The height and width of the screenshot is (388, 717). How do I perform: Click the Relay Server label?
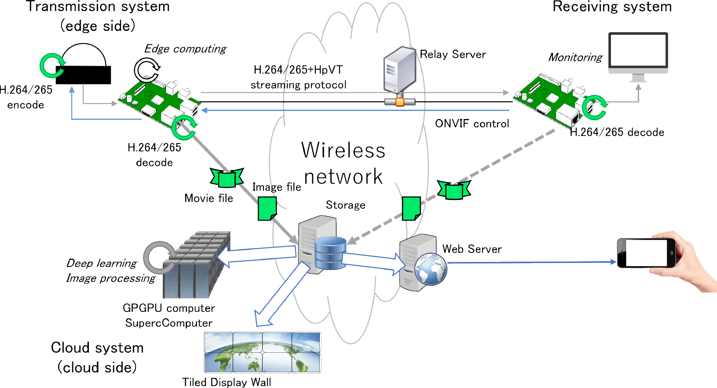tap(453, 54)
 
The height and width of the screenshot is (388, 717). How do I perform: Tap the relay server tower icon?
tap(399, 70)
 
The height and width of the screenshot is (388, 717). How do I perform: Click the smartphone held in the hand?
tap(646, 253)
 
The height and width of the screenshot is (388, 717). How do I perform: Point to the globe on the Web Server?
tap(431, 269)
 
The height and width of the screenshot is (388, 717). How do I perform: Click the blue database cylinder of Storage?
tap(330, 253)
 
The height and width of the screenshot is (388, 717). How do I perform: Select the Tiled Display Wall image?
tap(262, 352)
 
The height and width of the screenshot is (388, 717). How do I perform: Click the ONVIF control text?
tap(472, 124)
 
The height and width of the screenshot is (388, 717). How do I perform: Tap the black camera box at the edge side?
tap(83, 75)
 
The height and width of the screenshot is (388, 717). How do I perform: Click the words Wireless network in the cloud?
tap(343, 163)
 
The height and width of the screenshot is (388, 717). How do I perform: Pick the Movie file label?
tap(209, 198)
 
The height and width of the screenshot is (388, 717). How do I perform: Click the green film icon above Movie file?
tap(227, 177)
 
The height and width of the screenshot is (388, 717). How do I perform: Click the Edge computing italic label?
tap(185, 49)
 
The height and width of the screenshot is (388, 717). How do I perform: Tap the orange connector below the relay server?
tap(399, 102)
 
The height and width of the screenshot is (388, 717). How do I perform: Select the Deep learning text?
tap(102, 263)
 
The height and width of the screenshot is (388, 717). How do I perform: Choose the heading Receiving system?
tap(612, 7)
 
